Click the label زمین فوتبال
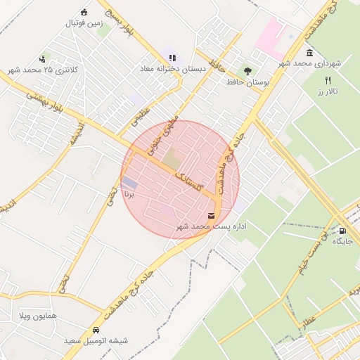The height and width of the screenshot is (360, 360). [x=84, y=22]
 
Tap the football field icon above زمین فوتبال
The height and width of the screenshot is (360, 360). [x=84, y=12]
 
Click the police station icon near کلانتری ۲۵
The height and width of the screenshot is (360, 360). [x=44, y=59]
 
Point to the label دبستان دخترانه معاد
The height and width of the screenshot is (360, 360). [x=172, y=69]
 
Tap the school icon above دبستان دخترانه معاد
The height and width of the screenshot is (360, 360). [x=172, y=58]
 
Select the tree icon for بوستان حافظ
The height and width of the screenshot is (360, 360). [x=247, y=70]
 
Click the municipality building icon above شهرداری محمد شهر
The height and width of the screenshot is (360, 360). [x=309, y=53]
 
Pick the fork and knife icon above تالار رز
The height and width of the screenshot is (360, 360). [x=328, y=80]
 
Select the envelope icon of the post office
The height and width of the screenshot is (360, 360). [x=212, y=215]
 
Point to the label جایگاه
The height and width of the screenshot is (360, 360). [x=342, y=241]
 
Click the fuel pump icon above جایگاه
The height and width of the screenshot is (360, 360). [x=342, y=230]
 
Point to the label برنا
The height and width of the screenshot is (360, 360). [x=127, y=190]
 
